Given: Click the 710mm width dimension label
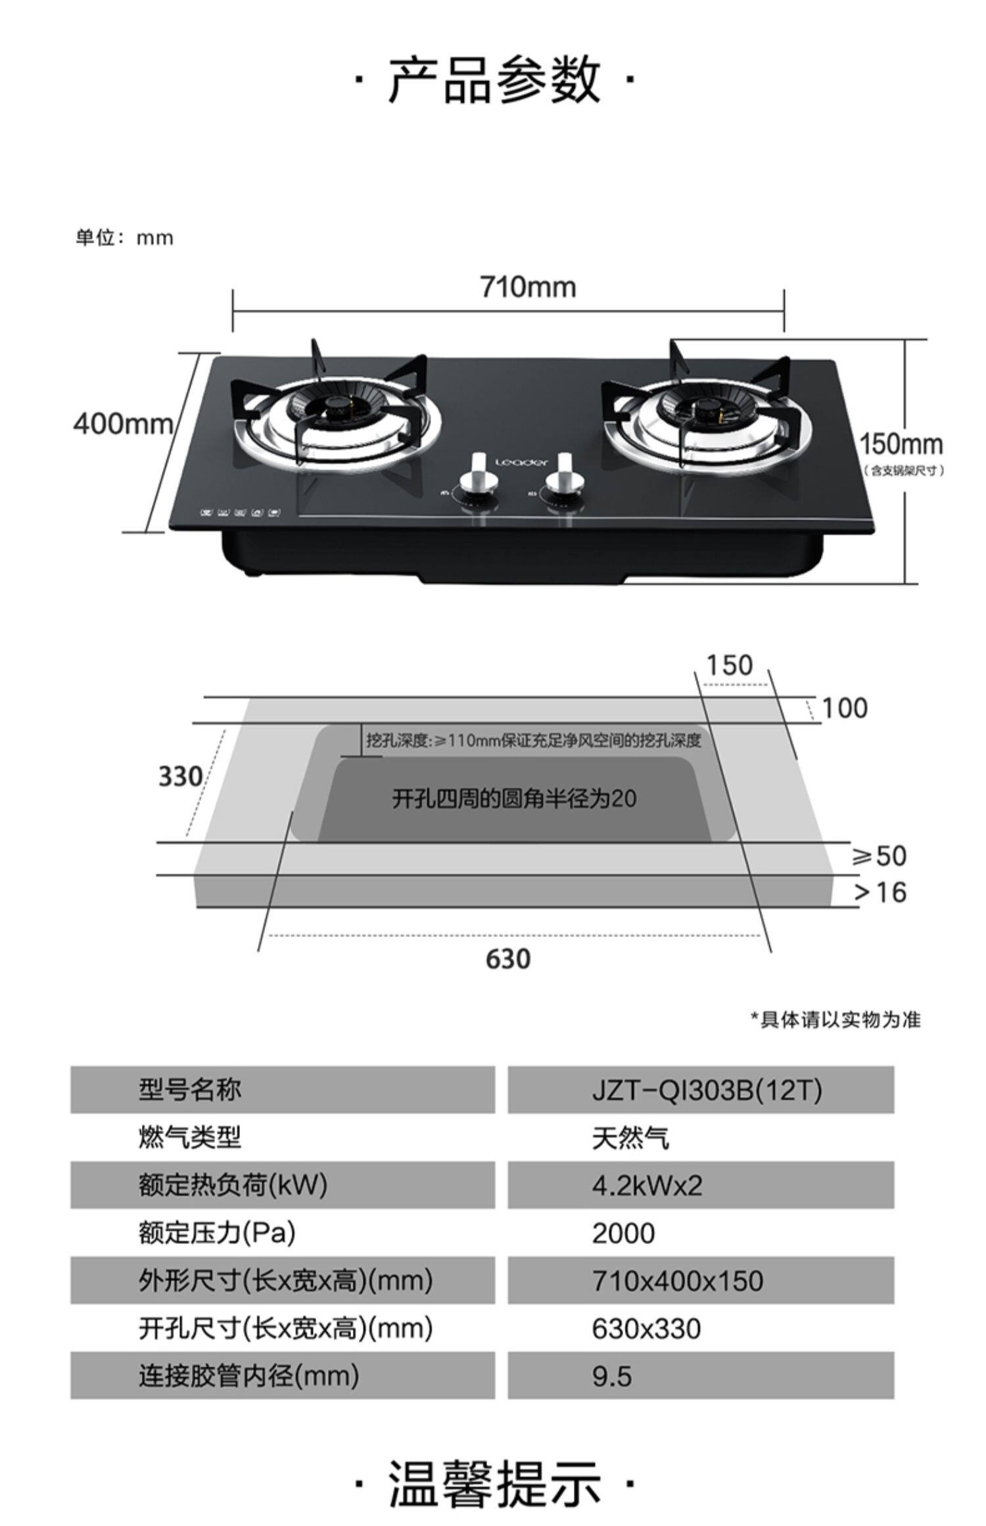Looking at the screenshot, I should coord(528,287).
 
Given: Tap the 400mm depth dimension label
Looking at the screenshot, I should coord(123,423).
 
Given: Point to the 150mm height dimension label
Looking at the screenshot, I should coord(901,444).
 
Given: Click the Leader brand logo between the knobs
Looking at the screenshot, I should coord(521,462).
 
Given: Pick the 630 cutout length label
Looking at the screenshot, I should coord(508,959).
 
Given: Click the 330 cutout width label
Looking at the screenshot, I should coord(180,777).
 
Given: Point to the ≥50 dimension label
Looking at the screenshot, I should coord(879,856).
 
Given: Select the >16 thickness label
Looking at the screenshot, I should coord(880,892).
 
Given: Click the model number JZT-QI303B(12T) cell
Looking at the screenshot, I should coord(707,1090).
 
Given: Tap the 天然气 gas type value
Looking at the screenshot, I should coord(630,1138).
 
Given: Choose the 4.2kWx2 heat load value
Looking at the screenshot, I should coord(647,1186).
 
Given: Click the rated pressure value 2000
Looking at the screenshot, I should coord(623,1234).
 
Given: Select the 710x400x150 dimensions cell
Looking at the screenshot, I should coord(677,1281).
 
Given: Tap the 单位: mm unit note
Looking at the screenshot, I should coord(124,237).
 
